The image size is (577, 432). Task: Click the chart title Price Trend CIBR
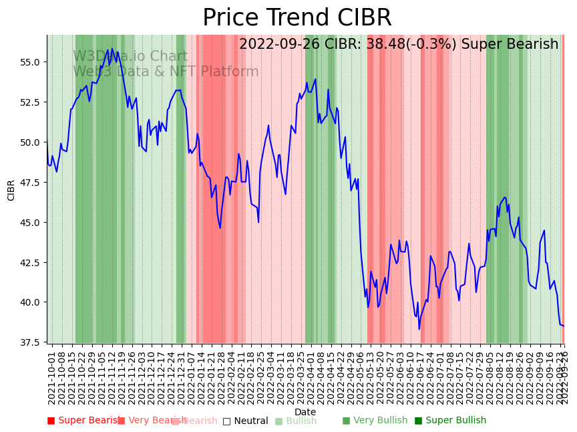click(x=297, y=18)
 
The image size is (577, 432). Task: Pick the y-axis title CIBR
click(x=11, y=190)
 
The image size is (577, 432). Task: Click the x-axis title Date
click(x=305, y=412)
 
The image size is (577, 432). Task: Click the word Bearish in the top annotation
click(x=532, y=44)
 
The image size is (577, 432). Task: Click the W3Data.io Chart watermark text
click(x=130, y=56)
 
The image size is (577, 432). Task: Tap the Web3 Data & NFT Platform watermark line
click(x=165, y=72)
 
